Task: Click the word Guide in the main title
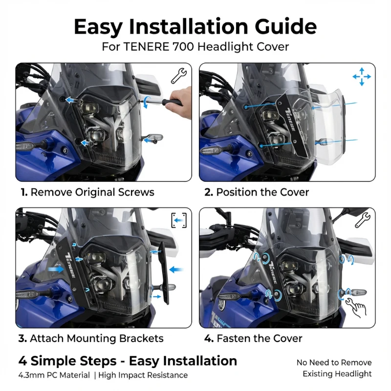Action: pyautogui.click(x=285, y=27)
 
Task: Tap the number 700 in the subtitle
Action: pyautogui.click(x=183, y=46)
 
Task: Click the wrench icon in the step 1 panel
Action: pyautogui.click(x=178, y=76)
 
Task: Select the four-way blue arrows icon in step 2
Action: pyautogui.click(x=362, y=77)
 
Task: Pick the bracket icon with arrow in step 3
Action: pyautogui.click(x=179, y=220)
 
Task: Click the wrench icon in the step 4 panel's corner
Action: pyautogui.click(x=362, y=219)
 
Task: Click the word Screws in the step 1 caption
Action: pyautogui.click(x=136, y=192)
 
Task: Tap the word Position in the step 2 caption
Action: pyautogui.click(x=237, y=192)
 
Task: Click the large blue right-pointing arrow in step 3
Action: pyautogui.click(x=56, y=269)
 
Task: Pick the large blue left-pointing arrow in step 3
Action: pyautogui.click(x=176, y=269)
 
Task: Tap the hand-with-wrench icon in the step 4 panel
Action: pyautogui.click(x=356, y=307)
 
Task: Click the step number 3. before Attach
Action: pyautogui.click(x=22, y=338)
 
